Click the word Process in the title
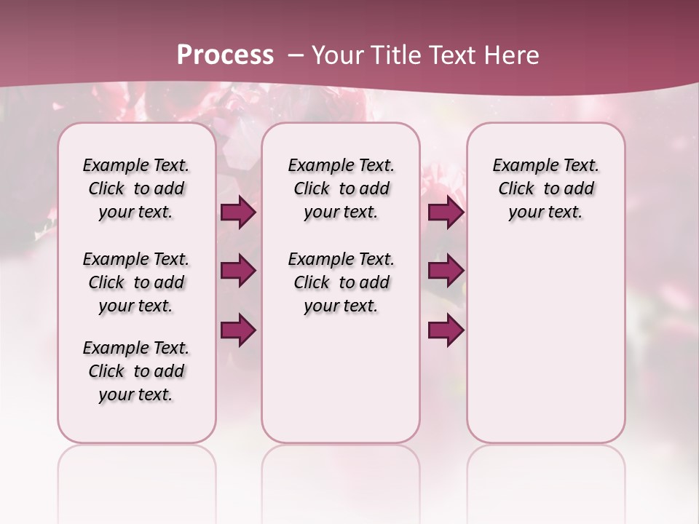click(225, 55)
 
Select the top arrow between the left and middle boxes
click(238, 213)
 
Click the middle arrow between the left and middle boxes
click(238, 271)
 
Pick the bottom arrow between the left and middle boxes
click(238, 330)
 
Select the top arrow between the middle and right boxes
click(446, 213)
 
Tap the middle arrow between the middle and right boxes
click(446, 271)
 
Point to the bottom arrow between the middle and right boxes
click(446, 330)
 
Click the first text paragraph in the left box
click(136, 188)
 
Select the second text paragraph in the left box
click(136, 282)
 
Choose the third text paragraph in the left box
click(136, 371)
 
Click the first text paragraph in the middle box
click(341, 188)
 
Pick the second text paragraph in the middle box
click(341, 282)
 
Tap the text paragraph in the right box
click(545, 188)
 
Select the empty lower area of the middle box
click(341, 378)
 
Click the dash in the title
click(296, 55)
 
